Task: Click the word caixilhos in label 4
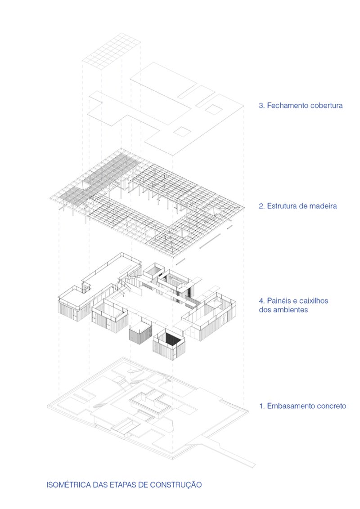[x=313, y=301]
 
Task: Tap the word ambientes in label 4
[x=292, y=310]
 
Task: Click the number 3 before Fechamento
[x=261, y=106]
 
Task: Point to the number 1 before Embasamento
[x=261, y=406]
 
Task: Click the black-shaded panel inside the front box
[x=171, y=339]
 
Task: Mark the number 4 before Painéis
[x=261, y=301]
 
